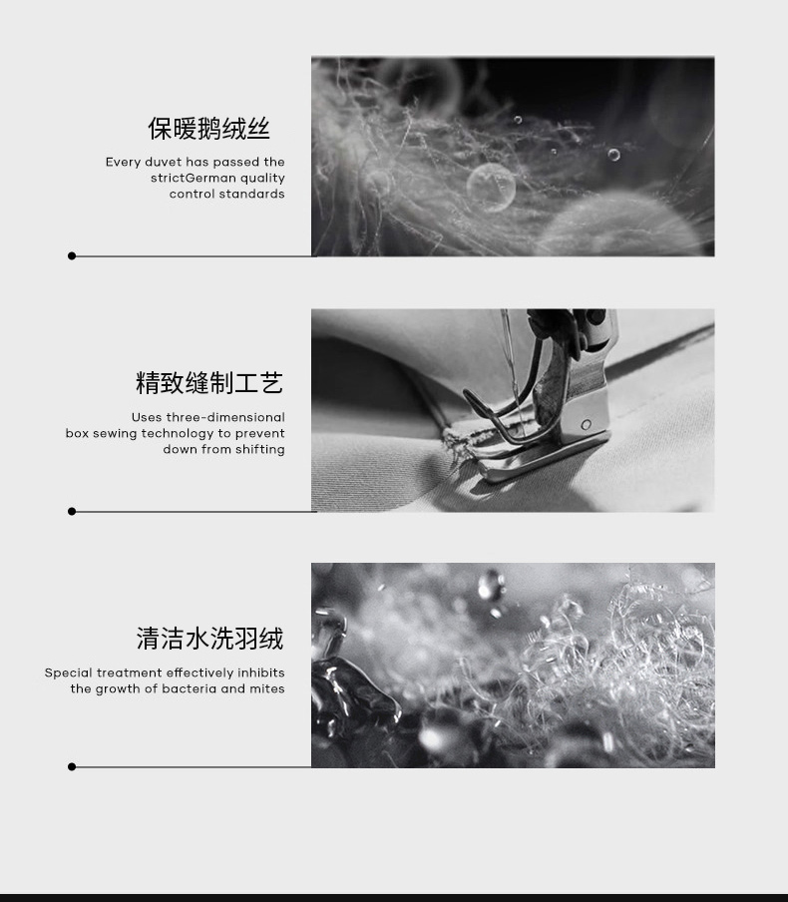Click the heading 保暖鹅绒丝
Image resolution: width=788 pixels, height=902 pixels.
click(208, 129)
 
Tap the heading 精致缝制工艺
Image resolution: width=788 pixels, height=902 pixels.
click(209, 383)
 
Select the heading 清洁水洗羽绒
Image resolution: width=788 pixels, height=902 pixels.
click(209, 639)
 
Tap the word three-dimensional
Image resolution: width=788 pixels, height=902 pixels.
click(225, 417)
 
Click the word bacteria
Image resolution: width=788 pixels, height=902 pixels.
click(190, 688)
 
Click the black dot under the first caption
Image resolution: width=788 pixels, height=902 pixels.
click(72, 256)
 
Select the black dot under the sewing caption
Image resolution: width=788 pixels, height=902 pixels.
click(72, 512)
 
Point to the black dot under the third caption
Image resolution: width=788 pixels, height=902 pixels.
click(72, 767)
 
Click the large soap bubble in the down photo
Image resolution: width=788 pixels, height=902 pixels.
click(491, 187)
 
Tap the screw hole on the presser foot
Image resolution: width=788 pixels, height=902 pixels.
click(587, 424)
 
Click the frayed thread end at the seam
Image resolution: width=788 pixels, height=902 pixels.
click(453, 444)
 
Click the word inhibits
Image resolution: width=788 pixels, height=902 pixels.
click(261, 673)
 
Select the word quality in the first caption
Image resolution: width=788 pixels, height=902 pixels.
click(263, 179)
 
